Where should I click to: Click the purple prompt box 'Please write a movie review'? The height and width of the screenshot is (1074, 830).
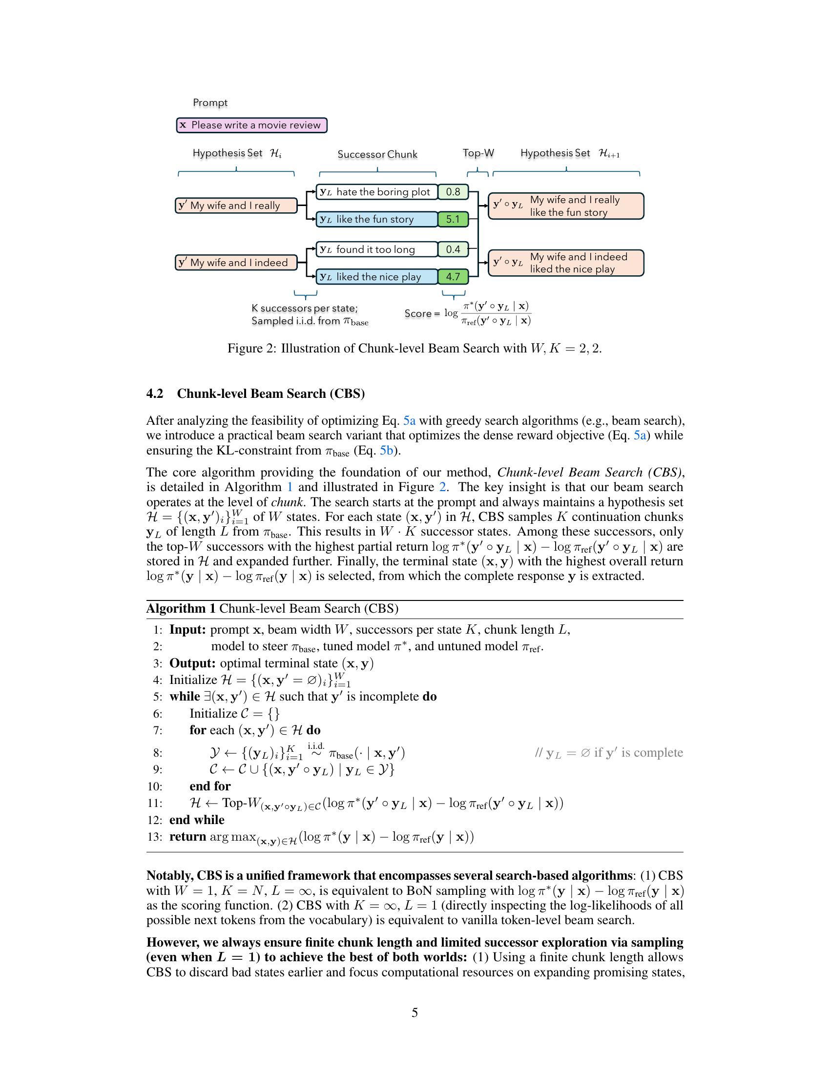252,125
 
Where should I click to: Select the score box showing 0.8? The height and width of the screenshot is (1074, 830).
453,192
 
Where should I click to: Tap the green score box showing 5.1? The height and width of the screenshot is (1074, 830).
453,219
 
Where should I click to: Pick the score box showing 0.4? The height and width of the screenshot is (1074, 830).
453,249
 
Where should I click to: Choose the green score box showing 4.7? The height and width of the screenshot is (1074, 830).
453,277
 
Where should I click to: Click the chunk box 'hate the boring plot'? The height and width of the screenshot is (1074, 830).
376,192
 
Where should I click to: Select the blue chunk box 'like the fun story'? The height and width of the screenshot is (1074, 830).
376,219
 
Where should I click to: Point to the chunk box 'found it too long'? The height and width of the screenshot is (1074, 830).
376,249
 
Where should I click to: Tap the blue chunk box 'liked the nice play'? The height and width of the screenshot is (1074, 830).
376,277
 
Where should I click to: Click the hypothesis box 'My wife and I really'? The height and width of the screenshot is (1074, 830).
236,206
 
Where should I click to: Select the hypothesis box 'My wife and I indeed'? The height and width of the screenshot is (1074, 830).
236,263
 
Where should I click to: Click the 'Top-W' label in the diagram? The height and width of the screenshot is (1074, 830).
478,153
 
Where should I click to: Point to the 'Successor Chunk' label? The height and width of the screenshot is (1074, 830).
377,154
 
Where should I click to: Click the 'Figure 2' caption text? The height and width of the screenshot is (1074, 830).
414,349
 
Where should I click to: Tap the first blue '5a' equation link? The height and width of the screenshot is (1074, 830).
409,420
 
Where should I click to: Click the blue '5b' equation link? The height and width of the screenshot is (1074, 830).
386,451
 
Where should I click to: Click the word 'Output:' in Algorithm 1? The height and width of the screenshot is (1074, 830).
192,663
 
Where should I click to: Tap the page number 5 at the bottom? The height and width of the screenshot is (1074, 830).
415,1012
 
